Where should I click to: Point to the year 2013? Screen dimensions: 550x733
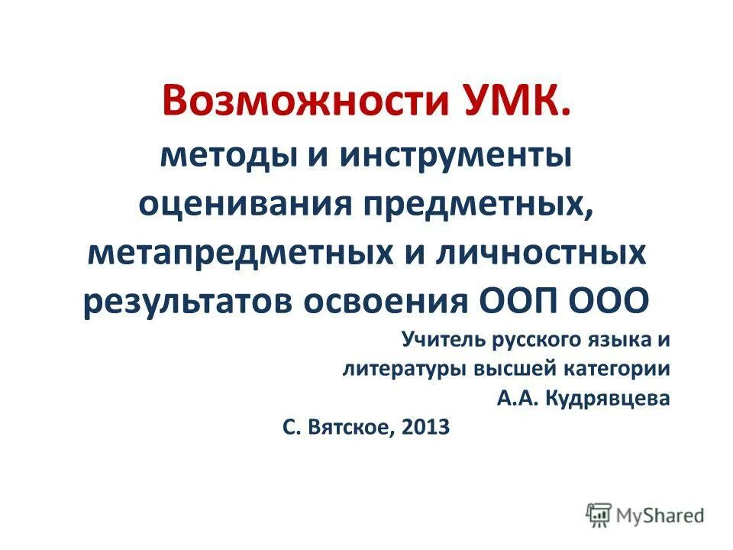430,428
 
